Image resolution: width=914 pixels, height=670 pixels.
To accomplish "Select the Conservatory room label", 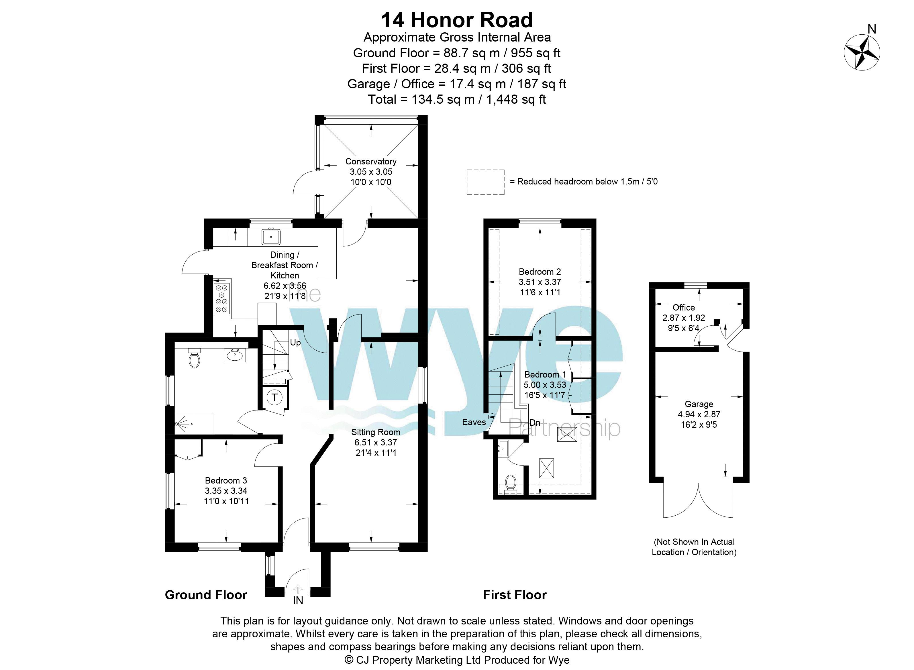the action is [x=371, y=162].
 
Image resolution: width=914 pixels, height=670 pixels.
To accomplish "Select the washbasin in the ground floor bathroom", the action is [x=234, y=355].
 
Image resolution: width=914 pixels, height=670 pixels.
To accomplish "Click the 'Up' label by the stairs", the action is [x=295, y=343].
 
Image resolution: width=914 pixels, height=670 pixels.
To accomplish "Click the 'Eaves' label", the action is [x=474, y=422].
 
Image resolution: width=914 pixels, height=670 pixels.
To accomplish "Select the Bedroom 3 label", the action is [x=226, y=481].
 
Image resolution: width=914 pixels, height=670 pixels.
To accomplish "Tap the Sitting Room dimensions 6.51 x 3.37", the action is [x=376, y=443].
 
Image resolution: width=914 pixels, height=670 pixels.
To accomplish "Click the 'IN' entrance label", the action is [x=298, y=600].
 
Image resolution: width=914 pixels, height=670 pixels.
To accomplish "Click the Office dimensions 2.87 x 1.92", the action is [x=684, y=318].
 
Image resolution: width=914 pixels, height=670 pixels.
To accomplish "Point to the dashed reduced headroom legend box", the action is [x=486, y=182].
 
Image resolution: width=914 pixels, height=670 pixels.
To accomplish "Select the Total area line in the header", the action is [x=457, y=99].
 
